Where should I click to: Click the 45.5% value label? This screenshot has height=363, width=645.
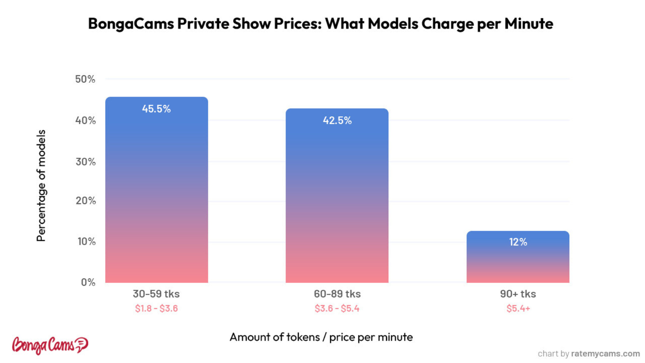[x=156, y=109]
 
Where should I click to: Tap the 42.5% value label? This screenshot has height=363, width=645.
[x=337, y=120]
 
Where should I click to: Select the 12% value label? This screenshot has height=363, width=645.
[x=518, y=242]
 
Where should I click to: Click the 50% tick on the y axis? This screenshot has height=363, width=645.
[x=85, y=79]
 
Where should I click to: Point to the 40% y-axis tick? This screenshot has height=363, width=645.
[x=85, y=120]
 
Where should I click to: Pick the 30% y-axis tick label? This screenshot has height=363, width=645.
[x=85, y=162]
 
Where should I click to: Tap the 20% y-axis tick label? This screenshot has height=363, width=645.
[x=85, y=201]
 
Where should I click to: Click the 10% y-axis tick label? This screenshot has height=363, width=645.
[x=86, y=241]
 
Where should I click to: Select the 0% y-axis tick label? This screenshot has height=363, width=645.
[x=88, y=282]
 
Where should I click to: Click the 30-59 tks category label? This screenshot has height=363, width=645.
[x=156, y=294]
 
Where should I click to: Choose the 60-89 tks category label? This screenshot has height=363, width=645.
[x=337, y=294]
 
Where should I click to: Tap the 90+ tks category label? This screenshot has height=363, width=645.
[x=518, y=294]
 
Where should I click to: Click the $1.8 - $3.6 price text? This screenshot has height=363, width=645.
[x=156, y=308]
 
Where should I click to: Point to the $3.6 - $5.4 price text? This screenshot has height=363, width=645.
[x=337, y=308]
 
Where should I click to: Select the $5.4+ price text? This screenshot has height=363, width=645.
[x=518, y=308]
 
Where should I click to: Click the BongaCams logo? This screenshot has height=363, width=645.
[x=50, y=345]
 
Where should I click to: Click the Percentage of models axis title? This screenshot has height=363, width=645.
[x=41, y=185]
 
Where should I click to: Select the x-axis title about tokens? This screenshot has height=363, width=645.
[x=321, y=337]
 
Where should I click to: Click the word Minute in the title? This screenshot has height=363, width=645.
[x=528, y=23]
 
